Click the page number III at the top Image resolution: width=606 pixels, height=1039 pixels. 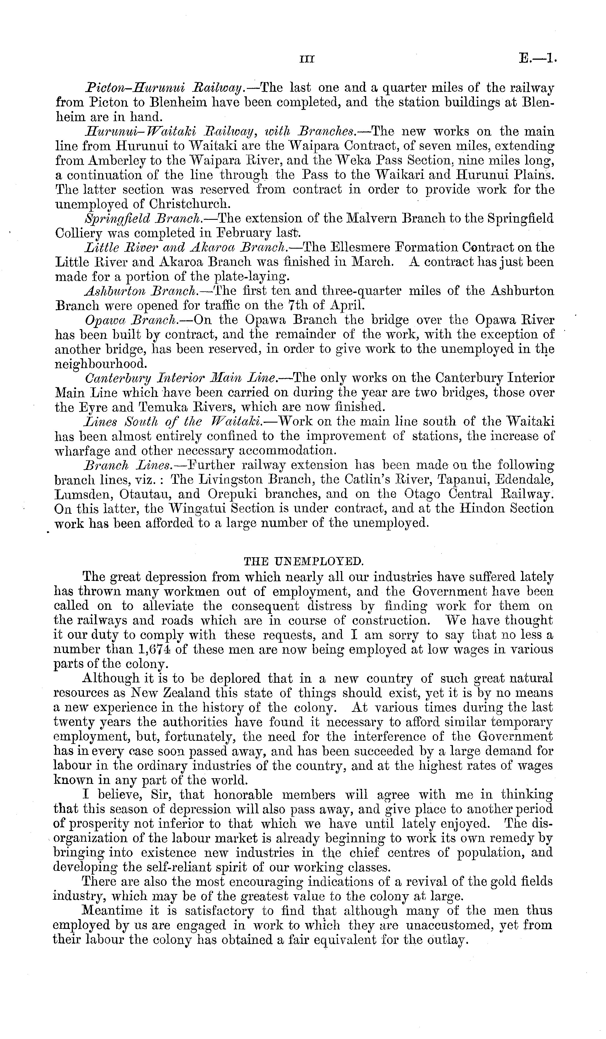307,60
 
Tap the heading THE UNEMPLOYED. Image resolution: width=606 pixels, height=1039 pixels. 304,561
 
